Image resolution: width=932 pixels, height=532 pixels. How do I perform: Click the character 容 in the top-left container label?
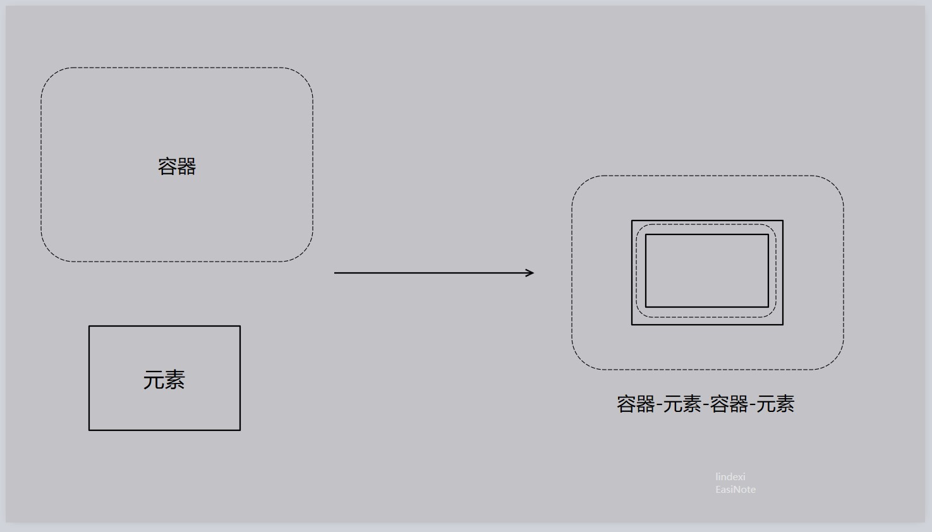pos(167,166)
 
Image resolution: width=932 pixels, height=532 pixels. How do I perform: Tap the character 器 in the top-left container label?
pos(186,166)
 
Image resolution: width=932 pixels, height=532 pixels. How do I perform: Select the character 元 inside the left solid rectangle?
pos(154,380)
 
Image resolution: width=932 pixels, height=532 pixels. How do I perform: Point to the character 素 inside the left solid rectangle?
pos(175,380)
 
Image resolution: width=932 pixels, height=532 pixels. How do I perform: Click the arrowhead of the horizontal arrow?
pos(533,273)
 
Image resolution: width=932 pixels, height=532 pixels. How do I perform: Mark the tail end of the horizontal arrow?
pos(334,273)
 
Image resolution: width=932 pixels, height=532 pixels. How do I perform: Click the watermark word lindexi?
pos(730,476)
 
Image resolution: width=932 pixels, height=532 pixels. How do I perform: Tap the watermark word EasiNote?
pos(735,490)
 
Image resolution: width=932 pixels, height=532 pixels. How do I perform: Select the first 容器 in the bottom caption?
pos(636,404)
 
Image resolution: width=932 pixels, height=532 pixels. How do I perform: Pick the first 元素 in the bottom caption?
pos(682,404)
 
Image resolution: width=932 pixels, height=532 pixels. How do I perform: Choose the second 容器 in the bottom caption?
pos(729,404)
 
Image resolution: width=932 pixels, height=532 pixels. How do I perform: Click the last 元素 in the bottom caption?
pos(775,404)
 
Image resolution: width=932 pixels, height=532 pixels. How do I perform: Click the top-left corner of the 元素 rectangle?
pos(89,326)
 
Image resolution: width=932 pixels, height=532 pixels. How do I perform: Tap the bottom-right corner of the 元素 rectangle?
pos(240,430)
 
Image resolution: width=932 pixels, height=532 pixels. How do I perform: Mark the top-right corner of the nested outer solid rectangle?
pos(783,221)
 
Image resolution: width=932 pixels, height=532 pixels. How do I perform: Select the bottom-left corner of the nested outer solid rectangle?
pos(632,324)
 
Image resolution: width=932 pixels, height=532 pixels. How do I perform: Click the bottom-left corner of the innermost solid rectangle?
pos(646,307)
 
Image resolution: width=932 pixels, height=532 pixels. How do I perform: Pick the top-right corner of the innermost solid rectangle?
pos(768,234)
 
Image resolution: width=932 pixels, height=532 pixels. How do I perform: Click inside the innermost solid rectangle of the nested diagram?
pos(707,271)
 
